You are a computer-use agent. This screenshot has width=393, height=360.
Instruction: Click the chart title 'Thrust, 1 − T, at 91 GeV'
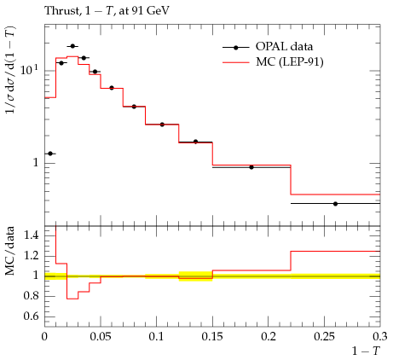[x=107, y=11]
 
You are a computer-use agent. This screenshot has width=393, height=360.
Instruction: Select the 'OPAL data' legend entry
[x=268, y=47]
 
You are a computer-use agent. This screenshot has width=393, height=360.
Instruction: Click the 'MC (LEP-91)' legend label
[x=290, y=61]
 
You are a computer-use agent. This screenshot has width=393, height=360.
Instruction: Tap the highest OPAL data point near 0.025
[x=72, y=46]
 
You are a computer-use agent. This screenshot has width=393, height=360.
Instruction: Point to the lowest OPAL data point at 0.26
[x=335, y=204]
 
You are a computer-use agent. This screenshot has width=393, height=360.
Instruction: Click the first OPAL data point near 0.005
[x=50, y=154]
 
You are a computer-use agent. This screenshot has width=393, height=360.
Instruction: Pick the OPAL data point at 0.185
[x=251, y=167]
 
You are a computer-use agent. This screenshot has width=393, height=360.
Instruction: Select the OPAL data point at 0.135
[x=195, y=142]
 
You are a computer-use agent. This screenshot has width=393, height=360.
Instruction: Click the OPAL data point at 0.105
[x=162, y=125]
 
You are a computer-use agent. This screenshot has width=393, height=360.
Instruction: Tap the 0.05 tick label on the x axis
[x=101, y=337]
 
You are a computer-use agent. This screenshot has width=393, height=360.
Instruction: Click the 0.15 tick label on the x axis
[x=212, y=337]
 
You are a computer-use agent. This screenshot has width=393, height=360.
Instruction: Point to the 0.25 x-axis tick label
[x=324, y=337]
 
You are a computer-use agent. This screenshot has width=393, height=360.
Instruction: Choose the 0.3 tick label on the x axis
[x=380, y=337]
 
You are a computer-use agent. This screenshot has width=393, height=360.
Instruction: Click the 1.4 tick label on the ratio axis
[x=31, y=235]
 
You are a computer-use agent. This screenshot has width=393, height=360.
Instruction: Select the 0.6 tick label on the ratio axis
[x=31, y=316]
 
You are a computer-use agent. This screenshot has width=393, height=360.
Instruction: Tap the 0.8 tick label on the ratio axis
[x=31, y=296]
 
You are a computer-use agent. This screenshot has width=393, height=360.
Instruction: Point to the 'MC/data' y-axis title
[x=9, y=251]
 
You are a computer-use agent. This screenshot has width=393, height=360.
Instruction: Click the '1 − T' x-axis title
[x=366, y=351]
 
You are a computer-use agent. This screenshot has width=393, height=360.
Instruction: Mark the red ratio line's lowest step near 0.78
[x=72, y=299]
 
